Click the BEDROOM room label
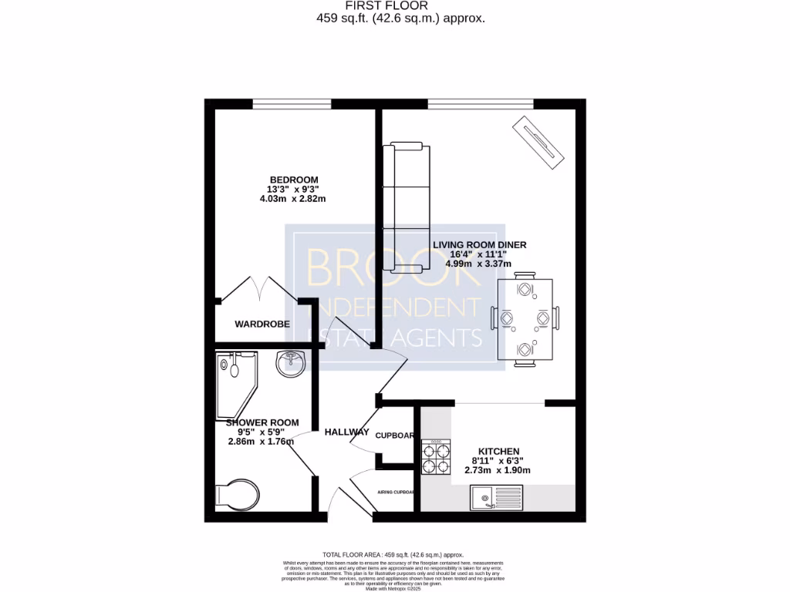(293, 180)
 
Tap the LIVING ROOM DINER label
(479, 245)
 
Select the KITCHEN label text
(498, 451)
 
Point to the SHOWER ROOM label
(262, 422)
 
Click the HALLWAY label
(346, 432)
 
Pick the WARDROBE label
(262, 325)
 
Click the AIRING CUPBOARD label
(396, 492)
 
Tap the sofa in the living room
(407, 207)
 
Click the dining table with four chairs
(525, 319)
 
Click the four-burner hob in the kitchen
(436, 456)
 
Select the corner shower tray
(236, 382)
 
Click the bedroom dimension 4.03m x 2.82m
(293, 199)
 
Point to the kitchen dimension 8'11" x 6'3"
(498, 461)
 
